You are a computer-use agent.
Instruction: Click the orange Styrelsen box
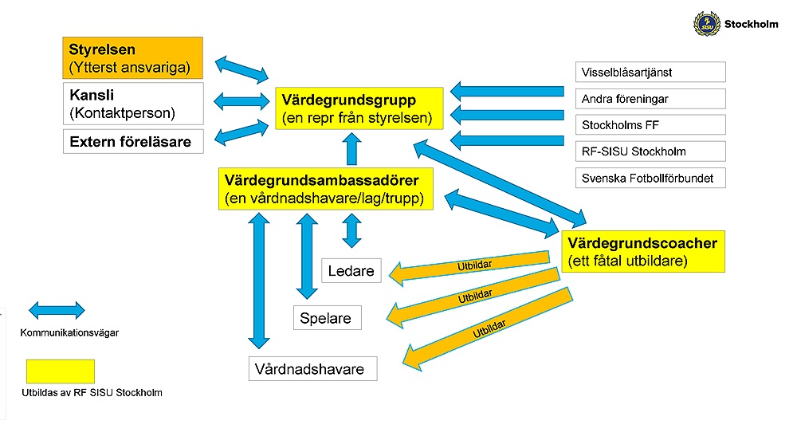tap(133, 58)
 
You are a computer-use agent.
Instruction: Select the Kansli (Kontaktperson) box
tap(133, 103)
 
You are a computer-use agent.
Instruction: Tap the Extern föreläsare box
tap(133, 142)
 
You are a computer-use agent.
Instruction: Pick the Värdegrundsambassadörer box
tap(325, 188)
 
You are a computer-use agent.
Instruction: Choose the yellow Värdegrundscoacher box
tap(643, 251)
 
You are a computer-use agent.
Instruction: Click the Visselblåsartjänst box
tap(650, 72)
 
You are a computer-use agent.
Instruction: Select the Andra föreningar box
tap(650, 99)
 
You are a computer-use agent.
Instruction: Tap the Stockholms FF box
tap(650, 125)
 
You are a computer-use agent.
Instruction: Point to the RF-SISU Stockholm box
tap(650, 151)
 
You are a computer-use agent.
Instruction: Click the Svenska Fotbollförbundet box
tap(650, 177)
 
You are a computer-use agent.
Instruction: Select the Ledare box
tap(351, 271)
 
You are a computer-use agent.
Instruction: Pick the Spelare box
tap(327, 318)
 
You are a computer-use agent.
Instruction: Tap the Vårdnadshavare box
tap(312, 369)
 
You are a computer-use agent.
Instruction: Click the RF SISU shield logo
tap(706, 23)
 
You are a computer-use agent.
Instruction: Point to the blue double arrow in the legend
tap(57, 310)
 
